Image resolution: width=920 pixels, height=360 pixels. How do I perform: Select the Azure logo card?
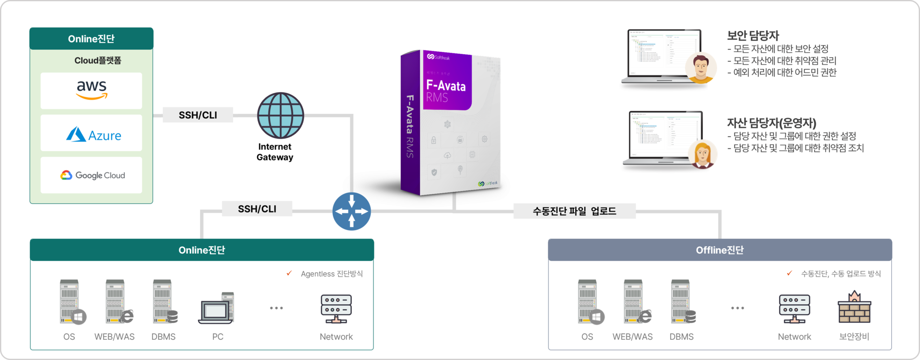tap(92, 133)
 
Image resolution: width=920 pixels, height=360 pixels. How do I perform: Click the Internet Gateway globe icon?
tap(280, 116)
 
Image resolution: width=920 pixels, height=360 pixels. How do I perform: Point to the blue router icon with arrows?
tap(351, 211)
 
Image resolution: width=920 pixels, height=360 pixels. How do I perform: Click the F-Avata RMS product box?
tap(450, 123)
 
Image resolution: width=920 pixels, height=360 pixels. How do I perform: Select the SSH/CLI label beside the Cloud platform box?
tap(198, 115)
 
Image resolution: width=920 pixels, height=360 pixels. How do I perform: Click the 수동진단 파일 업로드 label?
tap(574, 211)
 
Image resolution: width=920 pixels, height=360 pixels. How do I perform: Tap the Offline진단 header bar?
tap(720, 250)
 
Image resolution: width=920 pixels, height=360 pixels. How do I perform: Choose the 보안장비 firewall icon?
tap(854, 307)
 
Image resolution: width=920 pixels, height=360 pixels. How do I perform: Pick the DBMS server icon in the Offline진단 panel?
tap(682, 302)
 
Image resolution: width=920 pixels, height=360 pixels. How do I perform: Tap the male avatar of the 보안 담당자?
tap(700, 68)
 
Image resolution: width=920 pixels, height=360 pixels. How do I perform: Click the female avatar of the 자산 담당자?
tap(702, 154)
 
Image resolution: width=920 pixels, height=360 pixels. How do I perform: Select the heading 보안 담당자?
tap(753, 35)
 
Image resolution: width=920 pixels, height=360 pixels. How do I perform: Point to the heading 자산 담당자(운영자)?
tap(771, 123)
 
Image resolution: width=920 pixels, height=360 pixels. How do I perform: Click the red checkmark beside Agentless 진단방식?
tap(289, 273)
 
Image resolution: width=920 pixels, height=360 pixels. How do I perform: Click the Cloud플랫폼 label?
tap(98, 60)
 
